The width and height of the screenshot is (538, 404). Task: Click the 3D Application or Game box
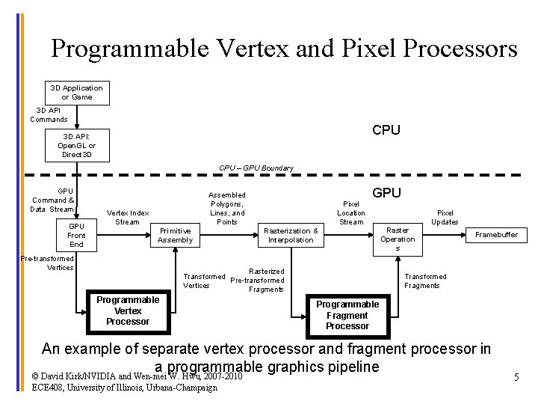(76, 93)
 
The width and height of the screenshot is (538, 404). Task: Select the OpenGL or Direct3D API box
(76, 145)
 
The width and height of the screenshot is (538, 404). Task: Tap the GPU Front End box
(76, 235)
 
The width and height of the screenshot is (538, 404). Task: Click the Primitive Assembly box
(175, 235)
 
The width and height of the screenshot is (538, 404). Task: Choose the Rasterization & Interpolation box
(291, 235)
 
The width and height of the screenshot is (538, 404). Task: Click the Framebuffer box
(496, 235)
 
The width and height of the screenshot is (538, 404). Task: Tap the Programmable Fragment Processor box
(347, 315)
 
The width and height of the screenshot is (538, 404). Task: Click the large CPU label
(386, 130)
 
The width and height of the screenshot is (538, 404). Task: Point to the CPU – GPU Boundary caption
(256, 168)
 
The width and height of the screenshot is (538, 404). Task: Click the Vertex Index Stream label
(128, 217)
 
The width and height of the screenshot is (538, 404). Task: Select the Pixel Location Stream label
(350, 212)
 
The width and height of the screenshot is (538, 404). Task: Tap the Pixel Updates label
(445, 217)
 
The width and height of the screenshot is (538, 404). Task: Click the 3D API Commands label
(49, 114)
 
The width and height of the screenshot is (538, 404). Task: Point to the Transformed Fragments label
(425, 281)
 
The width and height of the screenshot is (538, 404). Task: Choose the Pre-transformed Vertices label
(47, 263)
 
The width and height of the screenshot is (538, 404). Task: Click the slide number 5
(516, 378)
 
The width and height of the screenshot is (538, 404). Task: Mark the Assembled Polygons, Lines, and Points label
(226, 208)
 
